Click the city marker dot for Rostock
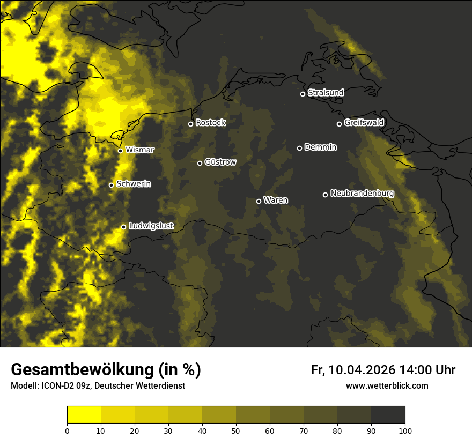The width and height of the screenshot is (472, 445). coord(190,124)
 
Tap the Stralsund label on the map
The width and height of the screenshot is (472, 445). coord(326,93)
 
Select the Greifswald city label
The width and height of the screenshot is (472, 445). coord(364,123)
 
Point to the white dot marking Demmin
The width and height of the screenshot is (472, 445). coord(299,148)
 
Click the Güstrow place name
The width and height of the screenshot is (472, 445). coord(220,162)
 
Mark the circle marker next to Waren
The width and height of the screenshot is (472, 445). coord(259,201)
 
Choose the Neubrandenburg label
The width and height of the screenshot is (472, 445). coord(362,194)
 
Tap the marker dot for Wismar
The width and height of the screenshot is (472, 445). coord(121,151)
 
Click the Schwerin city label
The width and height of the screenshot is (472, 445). coord(134,184)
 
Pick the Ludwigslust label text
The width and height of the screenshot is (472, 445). coord(151,226)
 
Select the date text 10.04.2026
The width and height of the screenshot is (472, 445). coord(362,370)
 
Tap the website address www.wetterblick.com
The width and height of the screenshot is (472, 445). coord(387,386)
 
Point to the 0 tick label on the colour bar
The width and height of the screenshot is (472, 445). coord(67,431)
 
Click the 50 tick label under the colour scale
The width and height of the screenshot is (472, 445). coord(236,431)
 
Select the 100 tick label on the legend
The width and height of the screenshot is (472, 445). coord(405,431)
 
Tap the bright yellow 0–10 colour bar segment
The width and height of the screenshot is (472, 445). coord(84,415)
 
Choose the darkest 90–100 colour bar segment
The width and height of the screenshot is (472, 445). coord(388,415)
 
